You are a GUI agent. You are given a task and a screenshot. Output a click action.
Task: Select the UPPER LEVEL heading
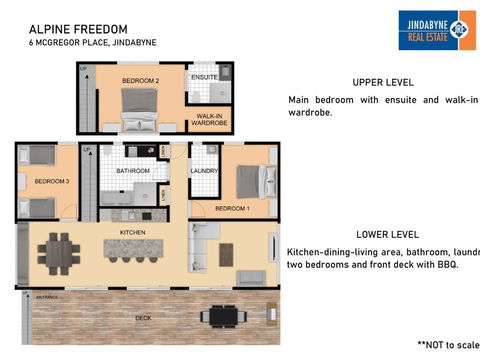click(x=383, y=82)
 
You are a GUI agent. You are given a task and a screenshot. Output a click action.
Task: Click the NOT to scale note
click(x=447, y=343)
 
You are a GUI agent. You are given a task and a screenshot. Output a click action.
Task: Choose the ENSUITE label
click(x=205, y=77)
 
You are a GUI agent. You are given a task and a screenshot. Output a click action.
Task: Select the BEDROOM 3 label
click(x=52, y=182)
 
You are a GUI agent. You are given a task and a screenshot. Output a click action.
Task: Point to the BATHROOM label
click(x=132, y=172)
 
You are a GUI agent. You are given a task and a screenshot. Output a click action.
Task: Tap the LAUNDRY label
click(x=204, y=171)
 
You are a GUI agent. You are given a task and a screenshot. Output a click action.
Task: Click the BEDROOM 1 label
click(x=233, y=208)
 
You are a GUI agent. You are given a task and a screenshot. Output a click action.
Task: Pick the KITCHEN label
click(x=134, y=231)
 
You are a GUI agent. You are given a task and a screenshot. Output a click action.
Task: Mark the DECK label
click(x=144, y=318)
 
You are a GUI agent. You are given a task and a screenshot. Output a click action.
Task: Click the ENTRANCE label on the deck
click(x=46, y=298)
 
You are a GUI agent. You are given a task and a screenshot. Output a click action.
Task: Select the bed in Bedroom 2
click(x=137, y=106)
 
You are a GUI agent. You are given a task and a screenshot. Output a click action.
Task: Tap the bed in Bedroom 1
click(x=246, y=181)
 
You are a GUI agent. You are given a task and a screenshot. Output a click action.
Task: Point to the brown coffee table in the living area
click(x=228, y=255)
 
